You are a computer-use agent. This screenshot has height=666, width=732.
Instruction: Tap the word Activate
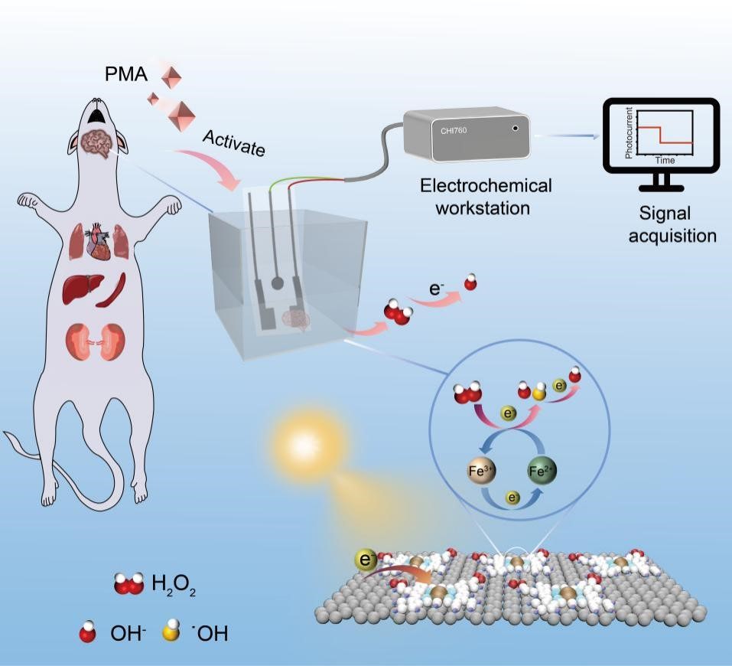(234, 142)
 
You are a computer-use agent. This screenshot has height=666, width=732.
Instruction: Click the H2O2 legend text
(173, 587)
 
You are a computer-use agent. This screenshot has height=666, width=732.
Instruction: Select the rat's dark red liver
(83, 291)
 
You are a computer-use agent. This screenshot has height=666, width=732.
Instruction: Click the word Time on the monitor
(665, 161)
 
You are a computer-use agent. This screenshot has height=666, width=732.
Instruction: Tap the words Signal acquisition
(672, 225)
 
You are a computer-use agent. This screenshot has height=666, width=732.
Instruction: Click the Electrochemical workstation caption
(486, 196)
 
